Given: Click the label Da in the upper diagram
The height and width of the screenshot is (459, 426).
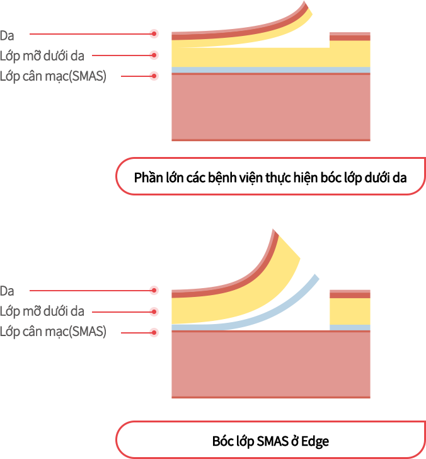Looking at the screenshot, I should click(x=7, y=34).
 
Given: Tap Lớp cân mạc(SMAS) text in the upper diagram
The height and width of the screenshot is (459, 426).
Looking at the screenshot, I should click(x=53, y=76).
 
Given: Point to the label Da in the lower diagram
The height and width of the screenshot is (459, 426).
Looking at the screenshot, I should click(x=7, y=291).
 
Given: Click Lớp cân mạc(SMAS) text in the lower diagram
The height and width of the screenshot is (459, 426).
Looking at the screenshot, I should click(x=53, y=332).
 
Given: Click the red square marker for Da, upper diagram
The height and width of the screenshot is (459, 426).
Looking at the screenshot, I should click(x=154, y=33).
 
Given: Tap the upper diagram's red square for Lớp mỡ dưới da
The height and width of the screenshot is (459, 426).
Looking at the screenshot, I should click(x=154, y=55).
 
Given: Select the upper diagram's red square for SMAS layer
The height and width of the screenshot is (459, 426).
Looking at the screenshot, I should click(x=154, y=76).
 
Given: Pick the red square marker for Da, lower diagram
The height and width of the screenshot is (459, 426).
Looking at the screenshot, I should click(x=154, y=290).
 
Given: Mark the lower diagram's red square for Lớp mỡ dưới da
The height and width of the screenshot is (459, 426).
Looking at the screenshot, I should click(x=154, y=311).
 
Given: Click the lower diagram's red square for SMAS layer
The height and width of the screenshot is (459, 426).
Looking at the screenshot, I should click(x=154, y=332).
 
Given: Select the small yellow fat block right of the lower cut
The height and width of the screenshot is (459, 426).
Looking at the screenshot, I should click(x=350, y=311).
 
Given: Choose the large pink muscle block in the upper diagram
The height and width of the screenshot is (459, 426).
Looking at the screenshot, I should click(x=271, y=106).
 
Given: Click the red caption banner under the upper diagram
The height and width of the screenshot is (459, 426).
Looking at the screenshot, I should click(x=270, y=176).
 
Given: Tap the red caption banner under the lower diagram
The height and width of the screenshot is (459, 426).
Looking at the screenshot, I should click(x=270, y=439).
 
